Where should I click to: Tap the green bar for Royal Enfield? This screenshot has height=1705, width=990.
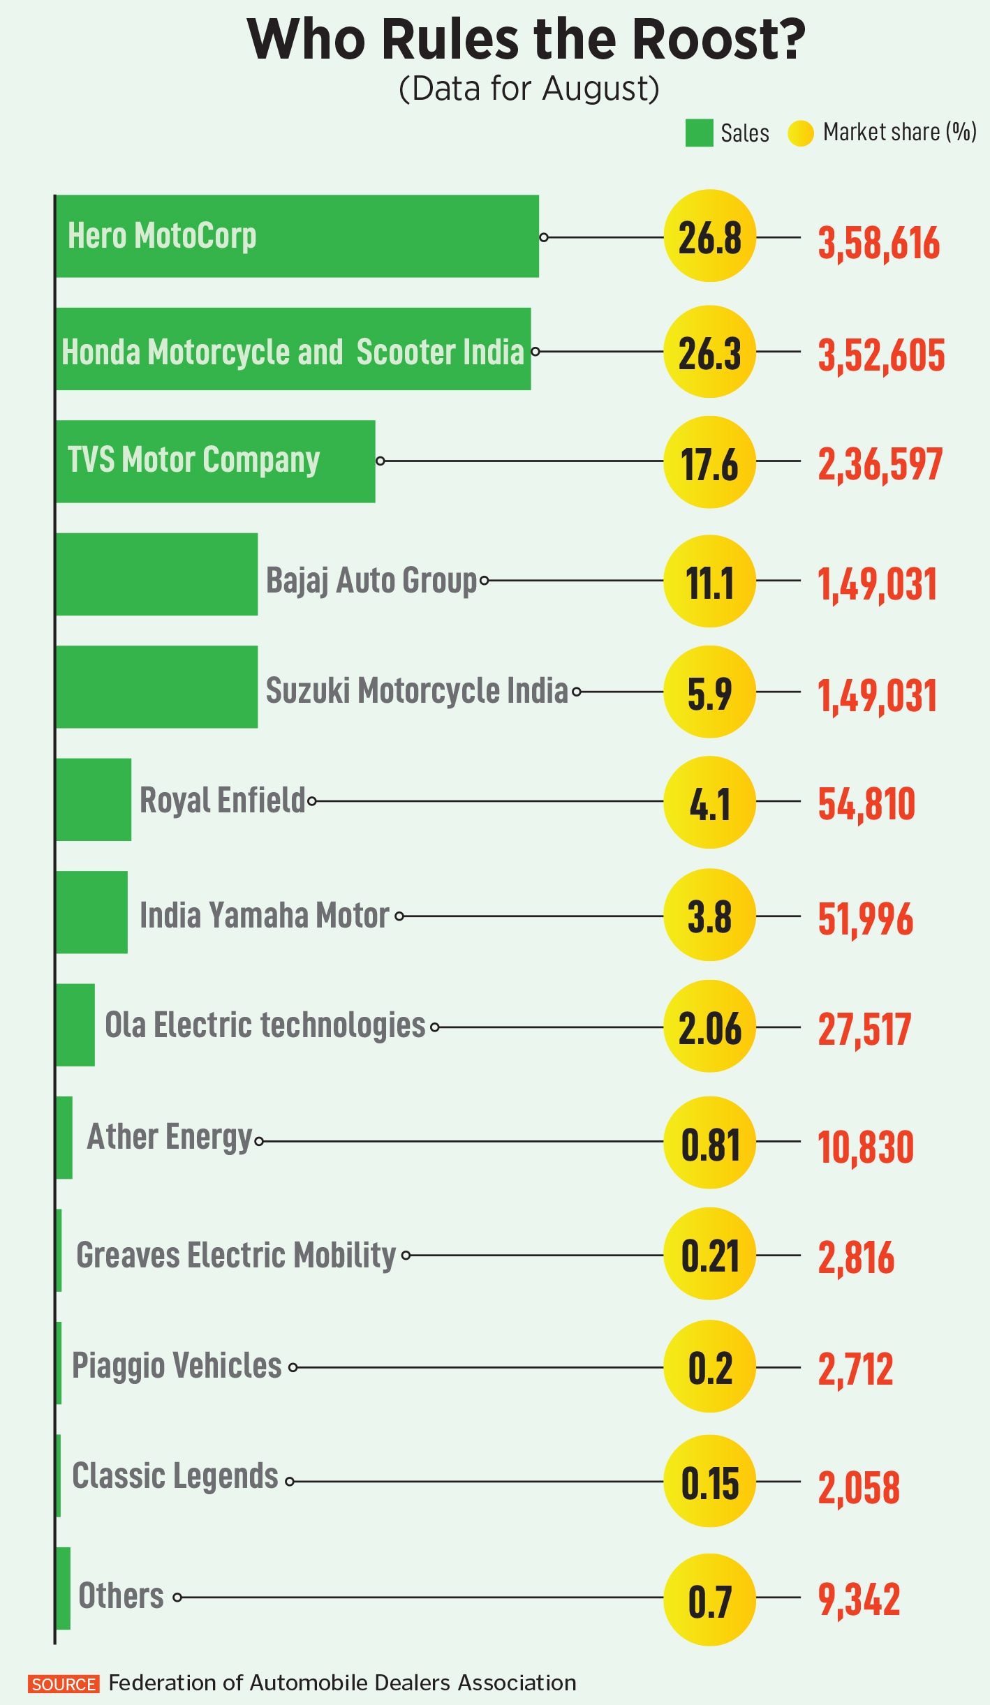click(x=94, y=799)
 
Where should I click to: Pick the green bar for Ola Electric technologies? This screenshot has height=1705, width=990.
click(x=75, y=1025)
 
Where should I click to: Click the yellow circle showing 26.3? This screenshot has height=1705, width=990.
click(x=709, y=352)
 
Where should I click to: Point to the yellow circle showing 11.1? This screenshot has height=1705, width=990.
click(x=709, y=581)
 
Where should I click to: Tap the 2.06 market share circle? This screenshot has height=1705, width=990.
click(x=709, y=1027)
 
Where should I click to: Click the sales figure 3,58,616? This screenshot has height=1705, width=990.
click(x=878, y=243)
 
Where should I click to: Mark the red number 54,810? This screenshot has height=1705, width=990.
click(x=866, y=803)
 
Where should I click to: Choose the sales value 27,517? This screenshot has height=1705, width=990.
click(x=864, y=1029)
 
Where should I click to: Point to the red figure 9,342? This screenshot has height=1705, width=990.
click(x=859, y=1599)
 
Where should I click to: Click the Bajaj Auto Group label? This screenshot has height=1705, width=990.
click(x=371, y=581)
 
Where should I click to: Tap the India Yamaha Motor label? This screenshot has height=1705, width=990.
click(x=264, y=915)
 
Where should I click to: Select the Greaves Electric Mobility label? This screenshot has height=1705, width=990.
click(x=236, y=1255)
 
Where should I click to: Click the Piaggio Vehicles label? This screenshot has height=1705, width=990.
click(x=177, y=1366)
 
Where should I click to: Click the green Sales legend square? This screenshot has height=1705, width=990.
click(x=698, y=133)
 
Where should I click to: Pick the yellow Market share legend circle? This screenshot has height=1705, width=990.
click(x=800, y=133)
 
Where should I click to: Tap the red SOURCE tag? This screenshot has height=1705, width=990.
click(x=64, y=1684)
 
